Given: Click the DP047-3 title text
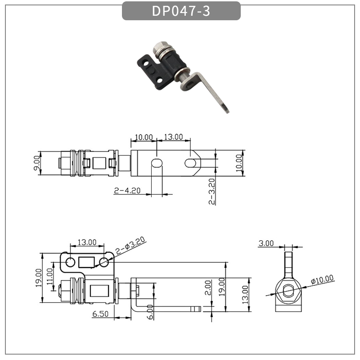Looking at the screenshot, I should coord(181,11).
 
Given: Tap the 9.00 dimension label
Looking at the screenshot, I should coord(37,162).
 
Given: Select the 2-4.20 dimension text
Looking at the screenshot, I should coord(127,190).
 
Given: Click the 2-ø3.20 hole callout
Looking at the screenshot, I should coord(130,247).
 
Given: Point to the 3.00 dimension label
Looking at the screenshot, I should coord(266,243).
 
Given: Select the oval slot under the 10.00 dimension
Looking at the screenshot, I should coord(156,162).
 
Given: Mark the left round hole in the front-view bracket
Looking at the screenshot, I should coord(71,262).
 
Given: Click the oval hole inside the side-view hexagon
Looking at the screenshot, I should coord(287,291).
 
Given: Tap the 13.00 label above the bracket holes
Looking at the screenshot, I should coord(87,242).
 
